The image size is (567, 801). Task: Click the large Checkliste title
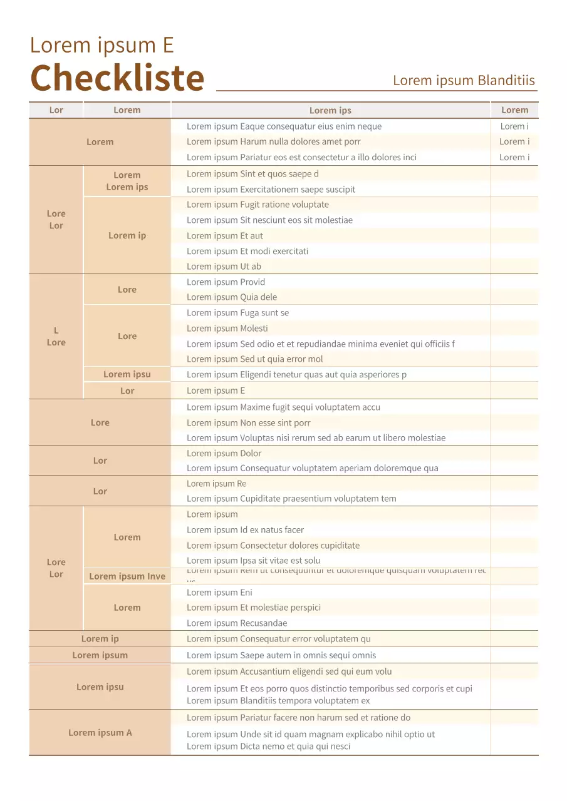click(117, 78)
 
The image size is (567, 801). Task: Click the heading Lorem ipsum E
click(101, 45)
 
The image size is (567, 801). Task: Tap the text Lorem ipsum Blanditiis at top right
click(464, 80)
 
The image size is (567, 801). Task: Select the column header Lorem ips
click(330, 111)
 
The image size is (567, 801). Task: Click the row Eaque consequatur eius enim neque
click(284, 126)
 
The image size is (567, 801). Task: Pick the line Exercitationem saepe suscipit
click(271, 190)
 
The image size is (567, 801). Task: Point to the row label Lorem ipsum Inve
click(127, 576)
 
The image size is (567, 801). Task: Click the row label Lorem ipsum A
click(100, 733)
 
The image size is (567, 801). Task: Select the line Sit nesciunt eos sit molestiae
click(269, 220)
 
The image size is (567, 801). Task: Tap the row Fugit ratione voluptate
click(257, 205)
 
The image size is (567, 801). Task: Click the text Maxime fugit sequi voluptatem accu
click(283, 407)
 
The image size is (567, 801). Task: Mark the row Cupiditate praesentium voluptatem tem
click(291, 499)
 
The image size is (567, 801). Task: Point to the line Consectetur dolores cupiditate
click(273, 546)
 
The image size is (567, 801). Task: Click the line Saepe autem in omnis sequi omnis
click(281, 655)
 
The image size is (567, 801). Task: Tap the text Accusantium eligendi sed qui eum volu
click(289, 671)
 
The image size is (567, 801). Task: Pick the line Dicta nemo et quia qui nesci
click(268, 747)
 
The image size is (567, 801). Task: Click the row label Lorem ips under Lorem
click(127, 187)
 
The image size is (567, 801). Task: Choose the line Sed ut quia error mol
click(255, 359)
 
